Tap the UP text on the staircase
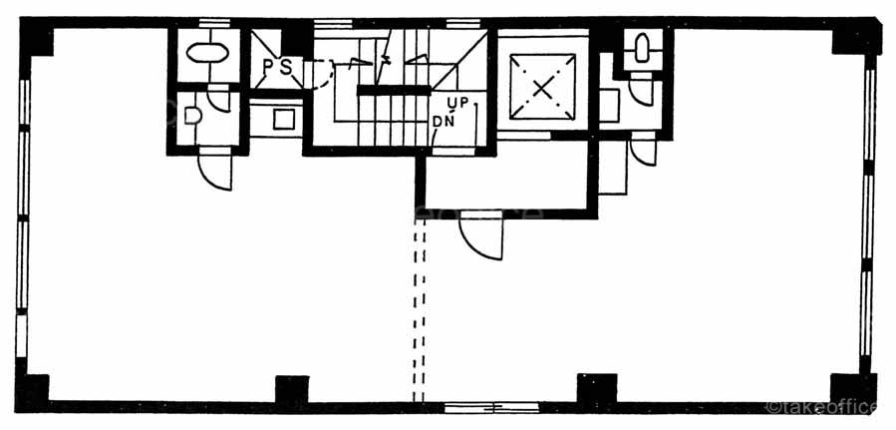tap(457, 104)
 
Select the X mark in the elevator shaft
tap(541, 87)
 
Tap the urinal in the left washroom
tap(193, 116)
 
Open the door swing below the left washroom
tap(216, 170)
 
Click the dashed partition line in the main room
tap(420, 309)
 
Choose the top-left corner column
tap(38, 38)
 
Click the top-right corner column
tap(857, 38)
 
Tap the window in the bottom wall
tap(489, 406)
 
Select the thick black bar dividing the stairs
tap(395, 91)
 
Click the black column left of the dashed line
tap(292, 390)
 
